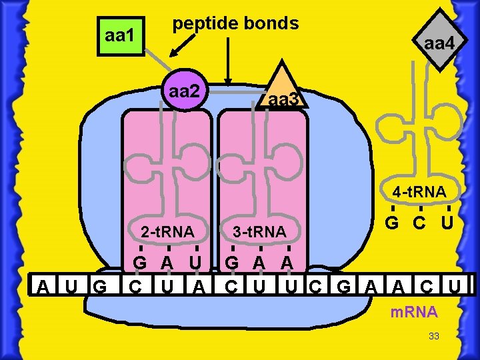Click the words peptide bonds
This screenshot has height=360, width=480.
[235, 23]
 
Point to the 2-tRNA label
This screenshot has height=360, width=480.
[167, 232]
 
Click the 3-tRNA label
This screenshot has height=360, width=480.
[259, 232]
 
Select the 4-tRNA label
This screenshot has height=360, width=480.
[419, 193]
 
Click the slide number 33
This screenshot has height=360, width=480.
[434, 336]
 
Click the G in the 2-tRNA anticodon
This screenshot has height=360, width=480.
[140, 262]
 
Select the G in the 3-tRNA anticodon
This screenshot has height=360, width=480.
[232, 262]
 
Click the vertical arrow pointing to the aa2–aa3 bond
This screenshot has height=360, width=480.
[229, 60]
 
